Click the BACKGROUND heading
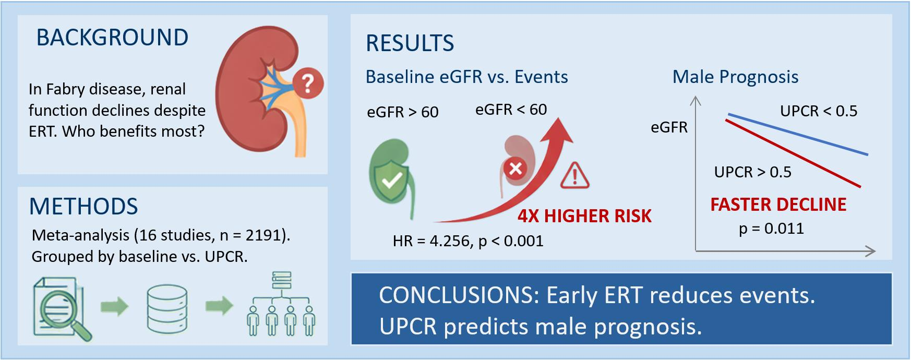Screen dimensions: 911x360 pos(112,38)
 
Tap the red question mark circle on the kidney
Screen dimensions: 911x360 pos(308,83)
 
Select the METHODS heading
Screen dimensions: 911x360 pos(83,207)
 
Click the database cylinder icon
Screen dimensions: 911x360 pos(166,308)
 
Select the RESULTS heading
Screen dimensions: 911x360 pos(410,43)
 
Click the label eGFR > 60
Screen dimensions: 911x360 pos(402,112)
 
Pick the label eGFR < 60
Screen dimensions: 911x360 pos(511,110)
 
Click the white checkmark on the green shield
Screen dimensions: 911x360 pos(392,180)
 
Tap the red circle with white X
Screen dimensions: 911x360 pos(516,169)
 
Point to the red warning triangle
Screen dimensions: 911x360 pos(574,176)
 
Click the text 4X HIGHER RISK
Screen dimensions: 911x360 pos(584,216)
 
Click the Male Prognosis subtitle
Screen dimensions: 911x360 pos(735,77)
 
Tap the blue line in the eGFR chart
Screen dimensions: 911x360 pos(798,134)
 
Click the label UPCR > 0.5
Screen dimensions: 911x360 pos(752,172)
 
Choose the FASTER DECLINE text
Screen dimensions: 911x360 pos(778,205)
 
